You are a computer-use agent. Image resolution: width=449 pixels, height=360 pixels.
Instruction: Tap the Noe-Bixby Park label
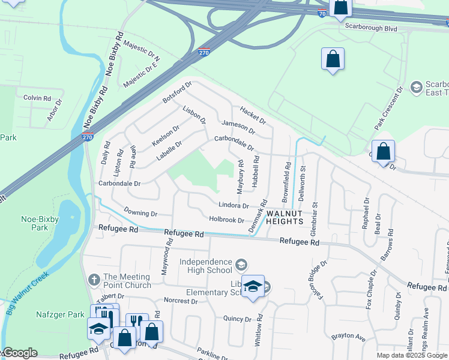click(x=40, y=223)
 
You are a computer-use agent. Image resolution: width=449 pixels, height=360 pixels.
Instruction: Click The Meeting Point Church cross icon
click(x=94, y=280)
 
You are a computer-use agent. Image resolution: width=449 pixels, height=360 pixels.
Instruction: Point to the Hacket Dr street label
click(x=253, y=115)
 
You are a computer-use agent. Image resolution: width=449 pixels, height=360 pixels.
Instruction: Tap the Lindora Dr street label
click(x=234, y=205)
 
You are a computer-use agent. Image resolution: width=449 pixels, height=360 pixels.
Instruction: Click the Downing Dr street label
click(x=140, y=213)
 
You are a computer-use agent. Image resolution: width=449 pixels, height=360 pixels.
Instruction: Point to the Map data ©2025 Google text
click(x=412, y=355)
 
